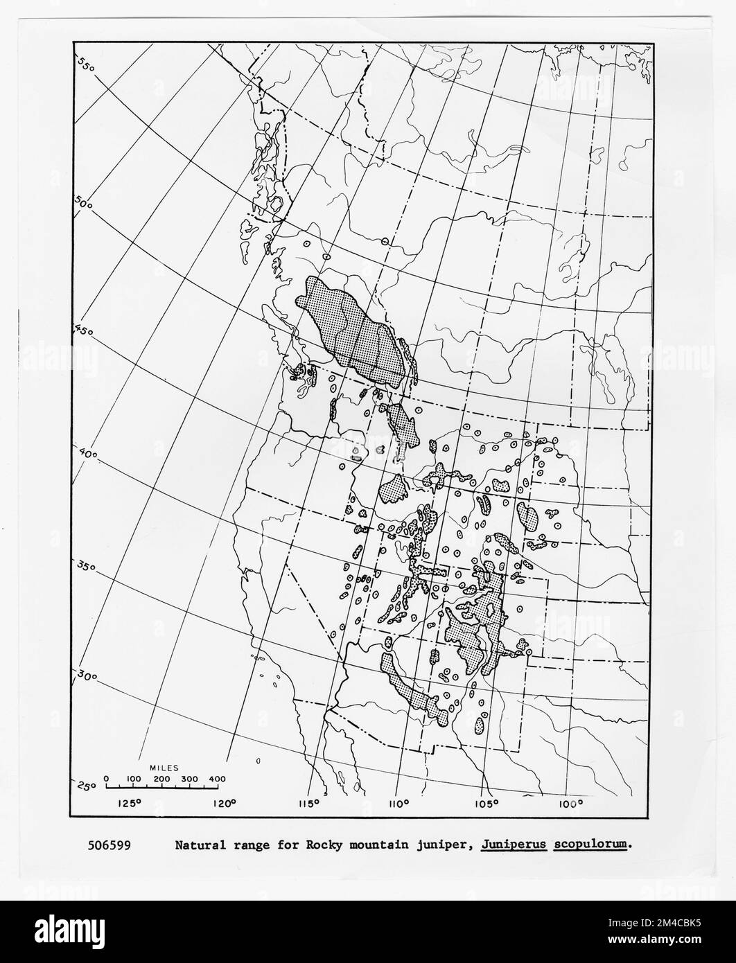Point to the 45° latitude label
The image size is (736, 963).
click(84, 330)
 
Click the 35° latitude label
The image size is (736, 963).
click(85, 566)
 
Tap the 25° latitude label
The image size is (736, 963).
click(86, 785)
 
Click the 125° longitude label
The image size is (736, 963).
click(130, 804)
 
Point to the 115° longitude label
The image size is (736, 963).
click(309, 804)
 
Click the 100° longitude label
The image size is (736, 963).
click(570, 804)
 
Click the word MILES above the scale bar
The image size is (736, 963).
click(164, 768)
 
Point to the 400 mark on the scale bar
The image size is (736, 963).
click(216, 779)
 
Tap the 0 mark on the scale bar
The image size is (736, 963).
click(106, 779)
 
